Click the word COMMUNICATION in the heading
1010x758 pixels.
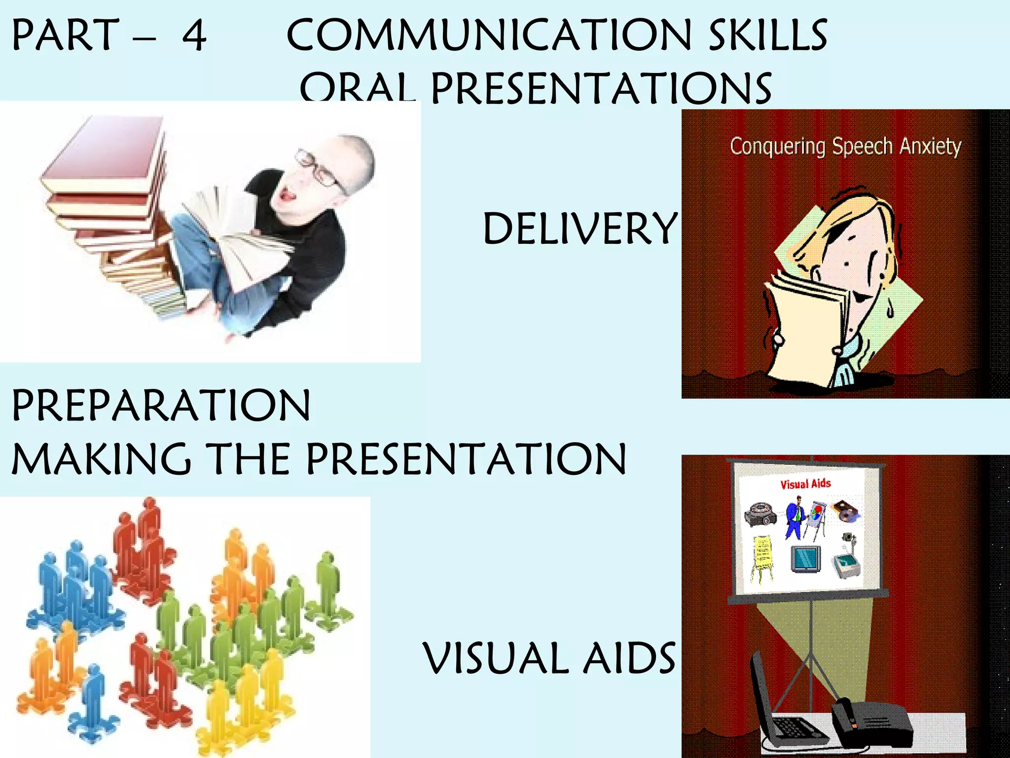pos(489,36)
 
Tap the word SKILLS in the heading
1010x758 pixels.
pos(768,36)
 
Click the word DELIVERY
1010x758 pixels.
pos(580,228)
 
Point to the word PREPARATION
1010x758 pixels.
pos(161,406)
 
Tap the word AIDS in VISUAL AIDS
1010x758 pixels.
pos(629,658)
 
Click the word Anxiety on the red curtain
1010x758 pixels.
pos(930,147)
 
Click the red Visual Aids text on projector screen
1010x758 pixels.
pos(805,484)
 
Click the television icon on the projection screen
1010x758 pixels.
pos(805,559)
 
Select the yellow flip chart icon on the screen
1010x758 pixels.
pos(762,558)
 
